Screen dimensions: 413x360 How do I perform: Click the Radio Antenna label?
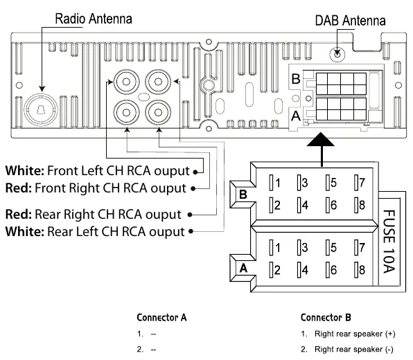(x=94, y=19)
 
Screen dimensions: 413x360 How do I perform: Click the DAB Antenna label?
(x=351, y=21)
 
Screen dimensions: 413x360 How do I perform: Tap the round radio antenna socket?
(x=41, y=109)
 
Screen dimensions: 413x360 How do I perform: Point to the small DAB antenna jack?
(x=337, y=55)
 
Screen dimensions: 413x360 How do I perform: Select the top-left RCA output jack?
(x=126, y=82)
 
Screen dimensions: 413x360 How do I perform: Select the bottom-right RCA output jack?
(x=158, y=113)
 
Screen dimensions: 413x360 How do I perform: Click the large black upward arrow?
(x=321, y=150)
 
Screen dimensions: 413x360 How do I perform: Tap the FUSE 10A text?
(x=389, y=242)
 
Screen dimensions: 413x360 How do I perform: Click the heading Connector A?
(x=161, y=318)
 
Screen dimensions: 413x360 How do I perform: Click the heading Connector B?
(x=326, y=318)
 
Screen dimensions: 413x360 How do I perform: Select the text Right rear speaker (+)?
(x=355, y=334)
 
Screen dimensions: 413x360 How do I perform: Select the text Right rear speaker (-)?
(x=353, y=350)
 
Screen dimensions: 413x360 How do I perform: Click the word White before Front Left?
(x=25, y=171)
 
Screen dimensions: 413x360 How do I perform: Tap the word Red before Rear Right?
(x=19, y=215)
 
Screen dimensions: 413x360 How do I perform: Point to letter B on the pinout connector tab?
(x=243, y=195)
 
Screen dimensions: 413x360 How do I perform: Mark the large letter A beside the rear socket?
(x=296, y=116)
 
